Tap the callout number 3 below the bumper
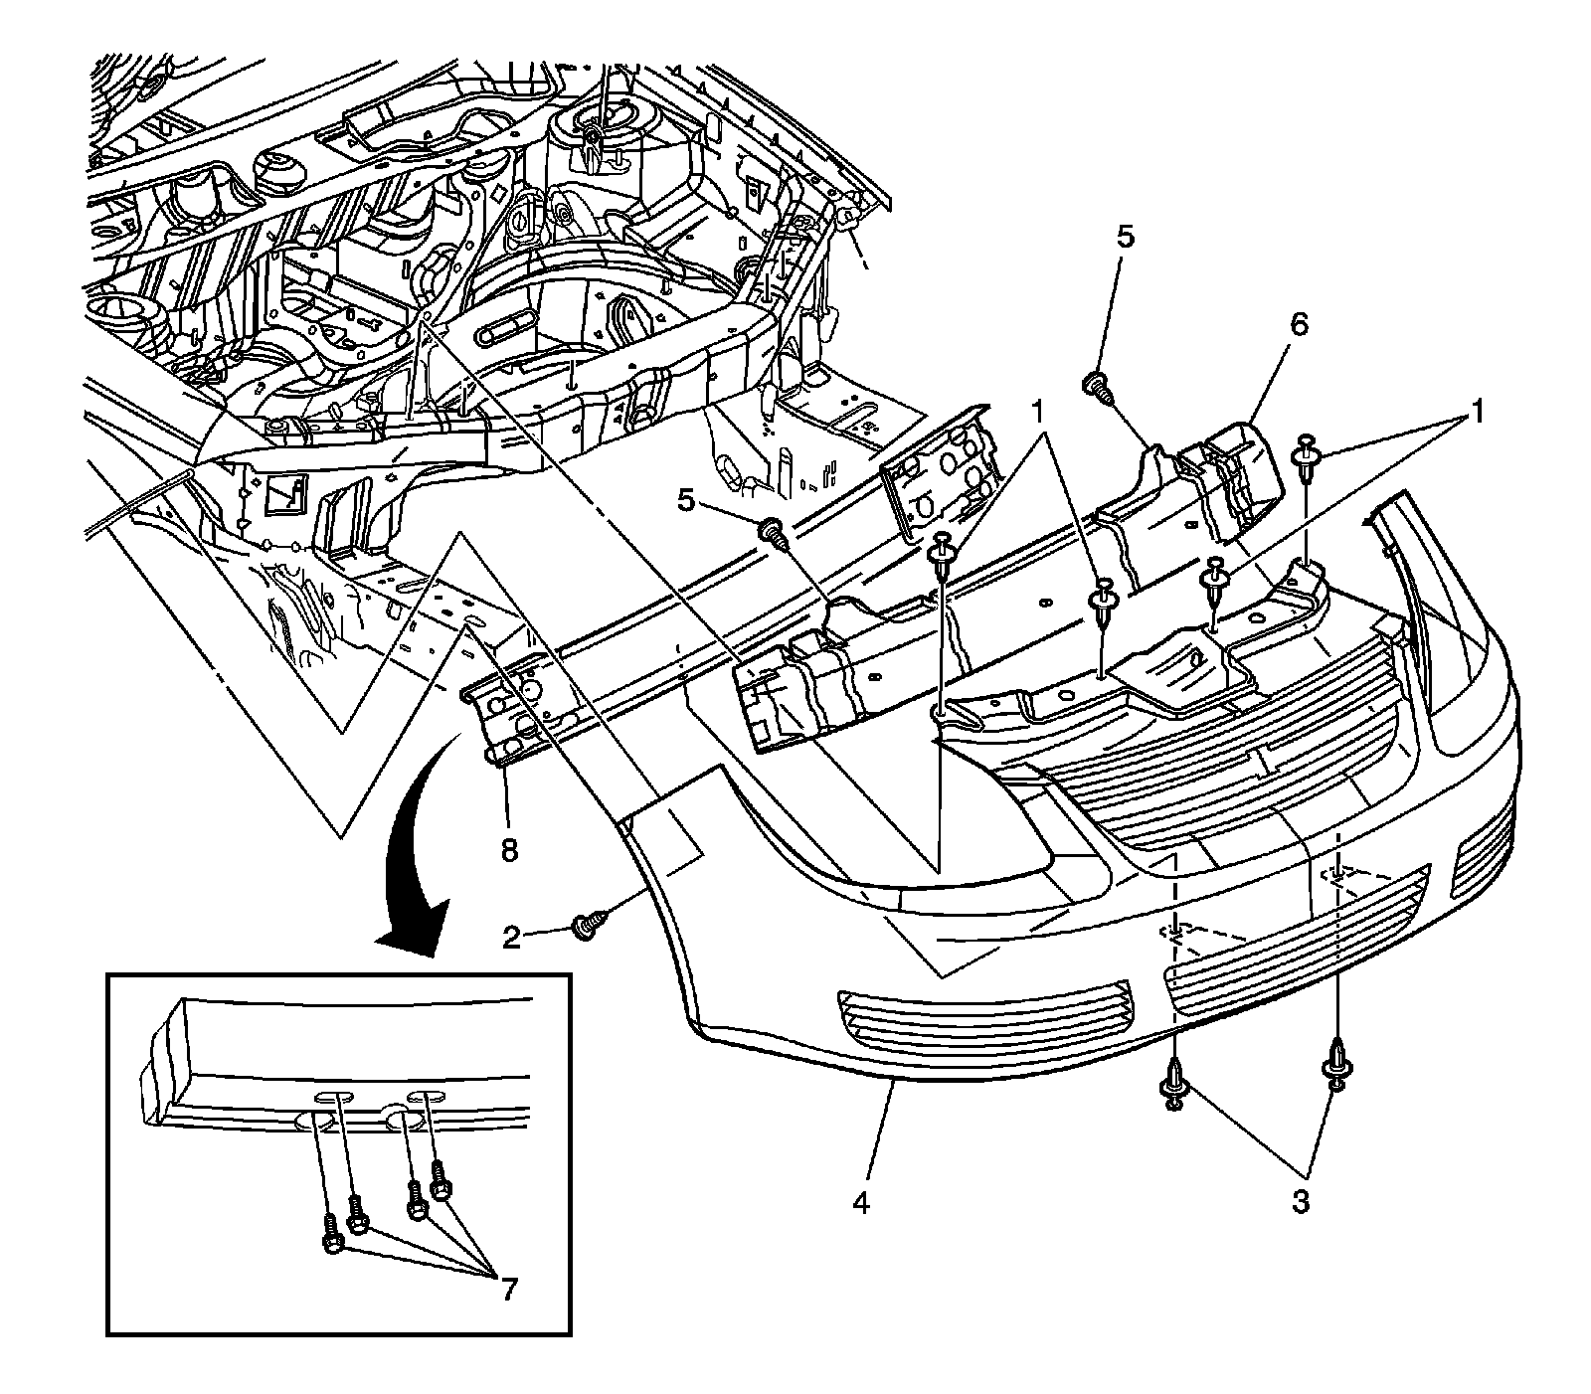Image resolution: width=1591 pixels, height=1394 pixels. click(1299, 1202)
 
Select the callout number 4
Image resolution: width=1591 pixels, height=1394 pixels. click(861, 1204)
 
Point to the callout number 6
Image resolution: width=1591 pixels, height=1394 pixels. click(1301, 324)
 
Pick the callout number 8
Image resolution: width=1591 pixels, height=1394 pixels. click(509, 851)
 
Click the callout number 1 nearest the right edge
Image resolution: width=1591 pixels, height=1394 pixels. click(1476, 411)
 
